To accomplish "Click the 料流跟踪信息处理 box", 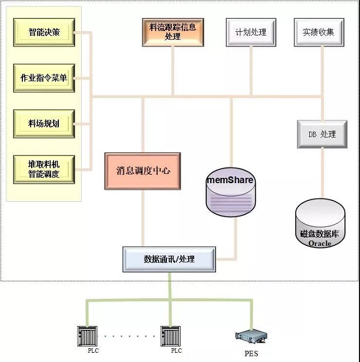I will [x=172, y=32].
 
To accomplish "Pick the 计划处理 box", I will [x=250, y=32].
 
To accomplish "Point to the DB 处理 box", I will [x=322, y=134].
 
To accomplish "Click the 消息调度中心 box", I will [x=143, y=171].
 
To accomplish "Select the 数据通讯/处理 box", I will [x=169, y=259].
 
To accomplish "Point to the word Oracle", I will [x=320, y=243].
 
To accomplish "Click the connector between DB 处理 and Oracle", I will [x=322, y=174].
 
